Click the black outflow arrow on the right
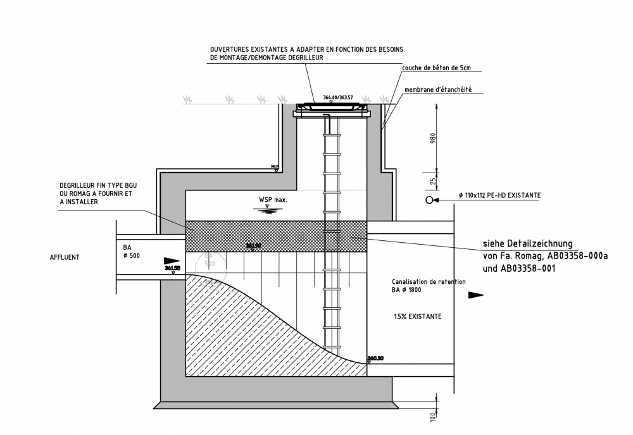475,295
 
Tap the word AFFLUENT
65,258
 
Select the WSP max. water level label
273,200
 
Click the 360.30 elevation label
377,358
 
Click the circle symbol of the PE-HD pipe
430,200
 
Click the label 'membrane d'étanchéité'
438,90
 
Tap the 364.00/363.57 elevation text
337,98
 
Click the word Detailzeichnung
539,243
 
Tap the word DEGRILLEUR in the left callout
80,185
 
